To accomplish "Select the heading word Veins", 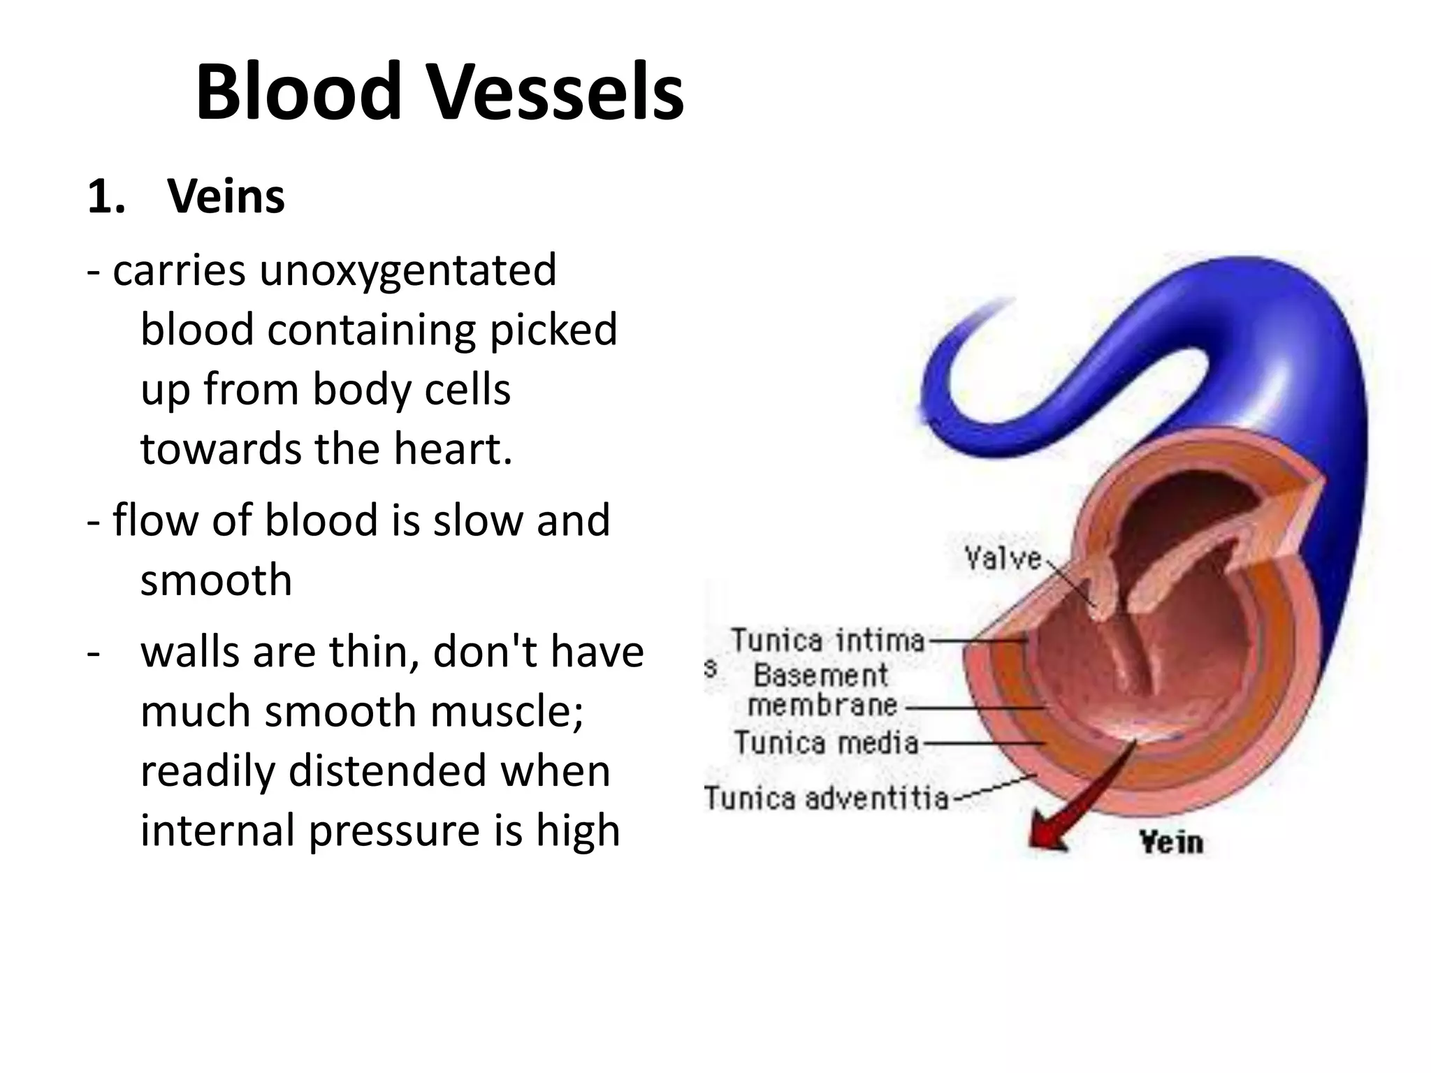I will click(226, 197).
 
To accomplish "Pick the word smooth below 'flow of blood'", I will click(216, 580).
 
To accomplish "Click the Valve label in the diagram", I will click(1003, 558).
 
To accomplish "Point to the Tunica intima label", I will click(828, 640).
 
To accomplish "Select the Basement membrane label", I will click(822, 690).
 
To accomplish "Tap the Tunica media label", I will click(826, 742).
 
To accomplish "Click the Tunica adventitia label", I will click(826, 798).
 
